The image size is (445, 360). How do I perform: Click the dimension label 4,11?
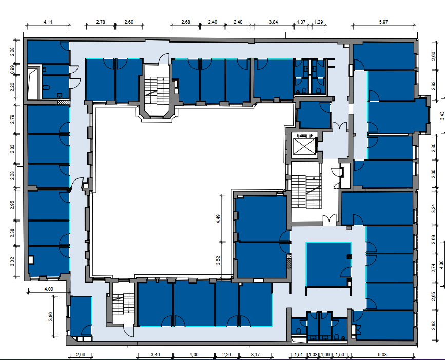(x=48, y=22)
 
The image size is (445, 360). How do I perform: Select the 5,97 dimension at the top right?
(x=383, y=22)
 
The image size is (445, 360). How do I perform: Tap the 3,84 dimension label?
(x=273, y=22)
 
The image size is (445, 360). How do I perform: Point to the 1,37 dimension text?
(x=301, y=22)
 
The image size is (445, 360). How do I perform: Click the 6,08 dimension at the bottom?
(x=382, y=354)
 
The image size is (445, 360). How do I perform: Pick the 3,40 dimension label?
(x=155, y=354)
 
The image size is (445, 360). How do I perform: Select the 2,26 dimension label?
(x=226, y=354)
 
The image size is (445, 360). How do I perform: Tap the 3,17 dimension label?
(x=256, y=354)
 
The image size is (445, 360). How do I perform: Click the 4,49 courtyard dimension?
(x=218, y=219)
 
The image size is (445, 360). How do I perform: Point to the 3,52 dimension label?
(x=218, y=261)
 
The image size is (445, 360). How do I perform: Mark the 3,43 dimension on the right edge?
(x=442, y=116)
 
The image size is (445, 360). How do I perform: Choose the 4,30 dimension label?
(x=441, y=265)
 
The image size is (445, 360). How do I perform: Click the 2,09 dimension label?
(x=81, y=354)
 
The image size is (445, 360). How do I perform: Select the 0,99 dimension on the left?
(x=12, y=69)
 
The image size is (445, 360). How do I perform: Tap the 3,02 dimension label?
(x=12, y=262)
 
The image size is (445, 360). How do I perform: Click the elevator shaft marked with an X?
(x=304, y=146)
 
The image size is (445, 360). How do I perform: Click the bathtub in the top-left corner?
(x=33, y=84)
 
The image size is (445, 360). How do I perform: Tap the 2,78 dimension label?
(x=101, y=22)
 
